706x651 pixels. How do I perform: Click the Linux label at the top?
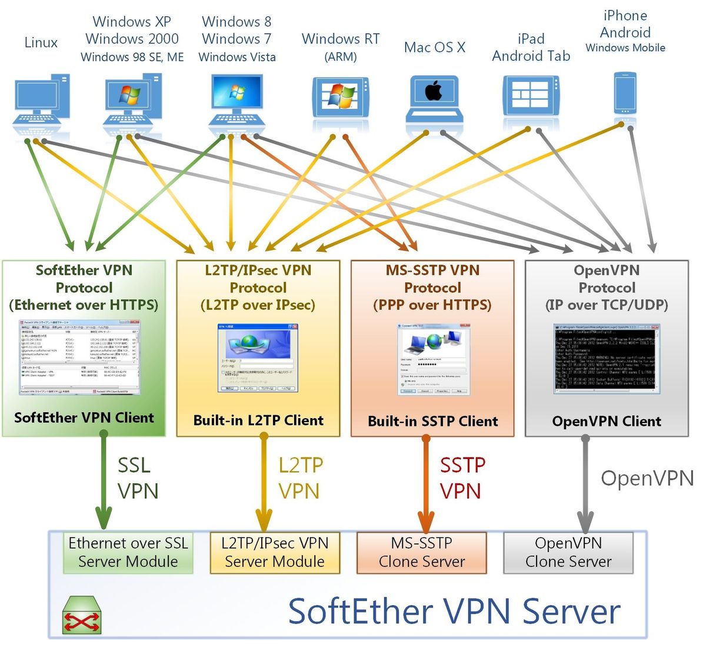[41, 42]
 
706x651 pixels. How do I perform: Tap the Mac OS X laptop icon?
[434, 97]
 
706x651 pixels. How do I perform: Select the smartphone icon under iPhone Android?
[625, 93]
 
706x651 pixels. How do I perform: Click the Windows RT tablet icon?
[340, 97]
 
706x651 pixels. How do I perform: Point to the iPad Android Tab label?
[531, 48]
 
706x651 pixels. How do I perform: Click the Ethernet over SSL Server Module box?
[128, 552]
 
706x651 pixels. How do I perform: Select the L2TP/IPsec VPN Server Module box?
[275, 552]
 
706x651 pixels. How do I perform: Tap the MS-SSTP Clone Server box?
[422, 552]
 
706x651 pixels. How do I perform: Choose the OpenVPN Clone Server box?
[568, 552]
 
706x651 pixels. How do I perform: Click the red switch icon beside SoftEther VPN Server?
[82, 616]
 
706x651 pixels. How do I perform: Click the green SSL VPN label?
[138, 478]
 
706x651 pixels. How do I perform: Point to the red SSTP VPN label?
[462, 478]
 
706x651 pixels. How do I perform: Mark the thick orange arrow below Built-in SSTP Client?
[427, 482]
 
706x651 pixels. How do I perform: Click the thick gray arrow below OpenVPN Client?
[585, 482]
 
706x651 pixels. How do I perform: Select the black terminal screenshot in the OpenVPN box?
[605, 359]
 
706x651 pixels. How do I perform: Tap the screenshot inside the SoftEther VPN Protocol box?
[80, 358]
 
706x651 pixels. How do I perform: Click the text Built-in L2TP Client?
[258, 420]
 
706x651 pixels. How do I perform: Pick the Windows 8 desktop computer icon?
[237, 100]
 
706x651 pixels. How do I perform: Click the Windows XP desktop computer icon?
[132, 100]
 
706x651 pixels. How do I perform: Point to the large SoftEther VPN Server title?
[454, 611]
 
